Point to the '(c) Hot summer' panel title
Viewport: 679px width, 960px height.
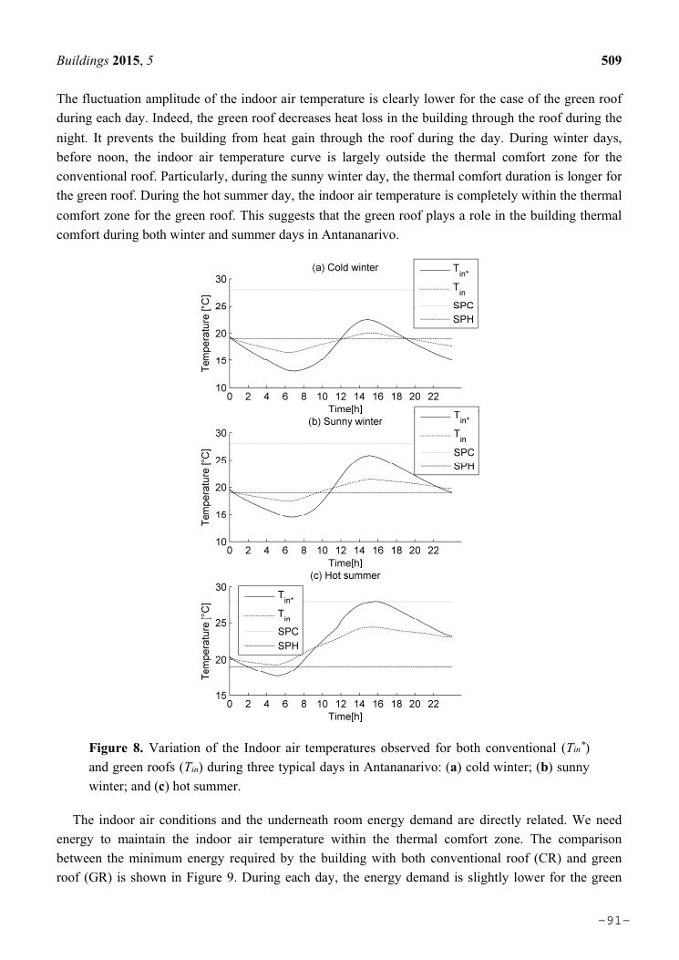tap(345, 575)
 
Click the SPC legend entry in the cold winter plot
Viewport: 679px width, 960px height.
tap(463, 305)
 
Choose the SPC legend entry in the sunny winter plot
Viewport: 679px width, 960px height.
tap(463, 452)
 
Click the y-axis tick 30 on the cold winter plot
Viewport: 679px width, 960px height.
tap(220, 278)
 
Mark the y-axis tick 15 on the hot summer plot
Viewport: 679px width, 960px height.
tap(220, 696)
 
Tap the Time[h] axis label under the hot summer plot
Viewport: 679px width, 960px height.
tap(345, 717)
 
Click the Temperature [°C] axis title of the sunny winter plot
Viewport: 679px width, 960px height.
tap(207, 487)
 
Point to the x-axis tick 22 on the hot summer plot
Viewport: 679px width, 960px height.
tap(433, 705)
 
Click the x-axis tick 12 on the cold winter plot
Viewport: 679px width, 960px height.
tap(340, 397)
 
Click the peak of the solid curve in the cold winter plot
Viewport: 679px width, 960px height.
tap(366, 320)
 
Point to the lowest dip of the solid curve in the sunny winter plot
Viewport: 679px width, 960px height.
tap(290, 517)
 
